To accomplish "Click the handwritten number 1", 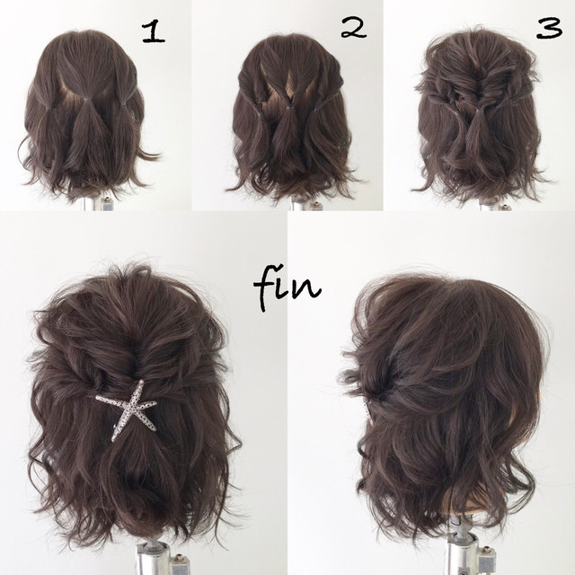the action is coord(154,32).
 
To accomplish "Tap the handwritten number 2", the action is coord(353,28).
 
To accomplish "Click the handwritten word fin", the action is coord(287,290).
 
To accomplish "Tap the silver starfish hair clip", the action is coord(129,408).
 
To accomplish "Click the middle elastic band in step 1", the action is coord(85,99).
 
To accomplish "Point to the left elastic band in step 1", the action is coord(49,108).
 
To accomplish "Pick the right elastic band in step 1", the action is coord(124,105).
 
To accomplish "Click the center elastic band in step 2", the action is coord(289,108).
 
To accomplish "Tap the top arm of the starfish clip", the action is coord(138,391).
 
